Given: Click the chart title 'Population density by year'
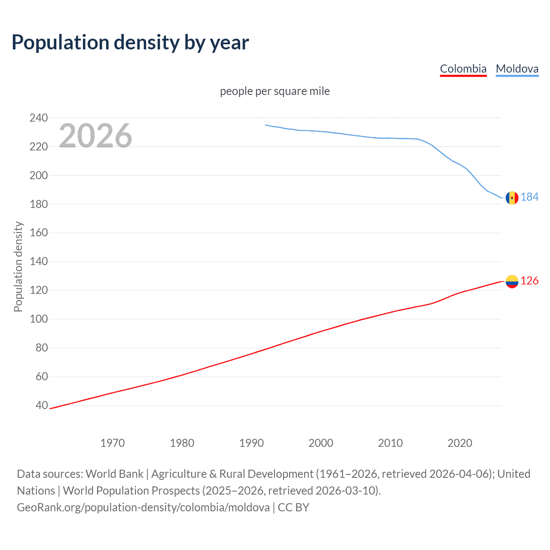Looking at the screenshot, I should click(x=130, y=43).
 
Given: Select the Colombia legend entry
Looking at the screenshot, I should click(x=463, y=69).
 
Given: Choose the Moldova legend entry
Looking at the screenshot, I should click(x=517, y=69).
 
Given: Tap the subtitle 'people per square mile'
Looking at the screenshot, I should click(x=275, y=91).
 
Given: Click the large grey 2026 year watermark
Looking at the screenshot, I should click(x=95, y=136).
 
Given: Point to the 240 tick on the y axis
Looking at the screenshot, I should click(x=39, y=118).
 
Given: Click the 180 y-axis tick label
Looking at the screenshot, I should click(x=39, y=204).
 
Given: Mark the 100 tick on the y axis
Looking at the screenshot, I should click(x=39, y=319).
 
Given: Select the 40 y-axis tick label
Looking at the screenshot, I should click(x=42, y=405).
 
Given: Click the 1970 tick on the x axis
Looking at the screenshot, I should click(x=113, y=443).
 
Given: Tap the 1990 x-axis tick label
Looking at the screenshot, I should click(x=251, y=443).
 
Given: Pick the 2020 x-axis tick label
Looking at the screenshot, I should click(x=460, y=443).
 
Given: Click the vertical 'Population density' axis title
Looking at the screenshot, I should click(x=18, y=266).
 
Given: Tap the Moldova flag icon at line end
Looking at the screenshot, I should click(x=512, y=198).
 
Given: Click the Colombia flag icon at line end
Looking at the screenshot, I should click(x=512, y=281).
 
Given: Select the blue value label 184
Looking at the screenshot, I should click(x=529, y=197).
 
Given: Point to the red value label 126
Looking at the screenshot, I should click(x=529, y=281).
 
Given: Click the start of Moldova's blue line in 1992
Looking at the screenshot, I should click(x=266, y=125).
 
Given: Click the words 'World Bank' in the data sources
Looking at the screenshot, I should click(x=114, y=474).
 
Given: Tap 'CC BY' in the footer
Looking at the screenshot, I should click(x=293, y=507).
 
